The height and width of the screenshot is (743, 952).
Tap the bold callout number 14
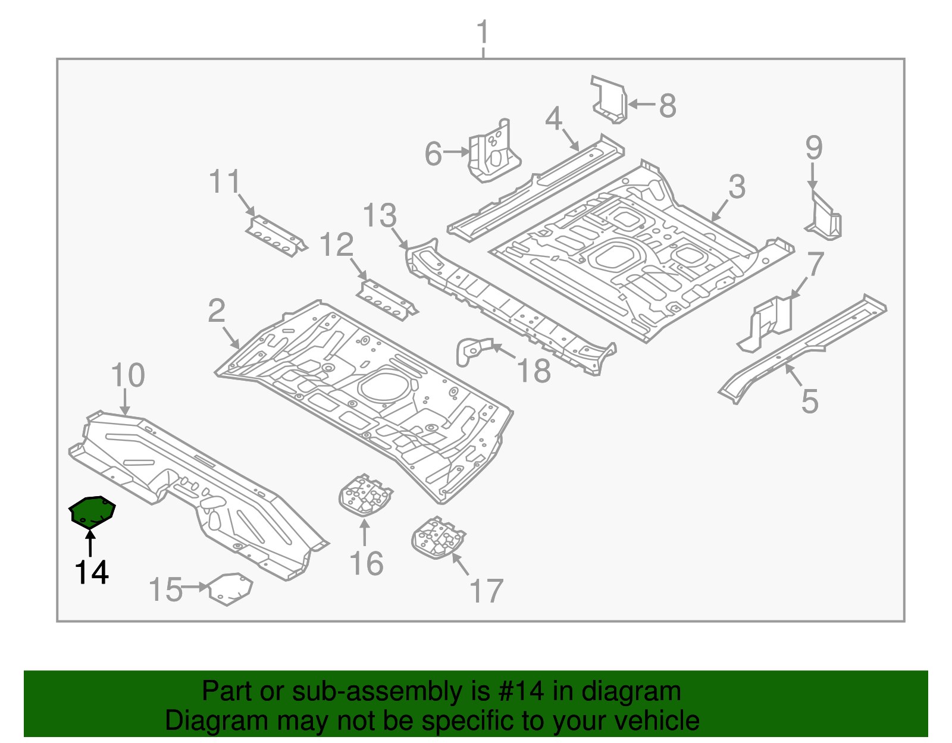click(x=91, y=573)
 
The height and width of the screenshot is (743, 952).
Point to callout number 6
click(x=433, y=153)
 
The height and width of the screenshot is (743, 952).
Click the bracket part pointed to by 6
click(x=494, y=152)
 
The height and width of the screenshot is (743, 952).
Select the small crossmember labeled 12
click(x=387, y=299)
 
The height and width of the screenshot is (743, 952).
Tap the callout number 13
click(x=379, y=215)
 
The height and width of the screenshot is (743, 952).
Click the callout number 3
click(x=737, y=187)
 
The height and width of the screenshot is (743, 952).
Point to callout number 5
click(x=810, y=402)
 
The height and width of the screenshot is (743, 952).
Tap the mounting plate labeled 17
click(x=438, y=538)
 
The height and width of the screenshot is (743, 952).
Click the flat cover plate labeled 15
click(x=230, y=588)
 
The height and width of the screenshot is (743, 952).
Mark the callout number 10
click(x=127, y=375)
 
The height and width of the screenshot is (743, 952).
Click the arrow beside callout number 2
click(x=232, y=338)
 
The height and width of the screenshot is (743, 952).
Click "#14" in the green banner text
click(x=518, y=692)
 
